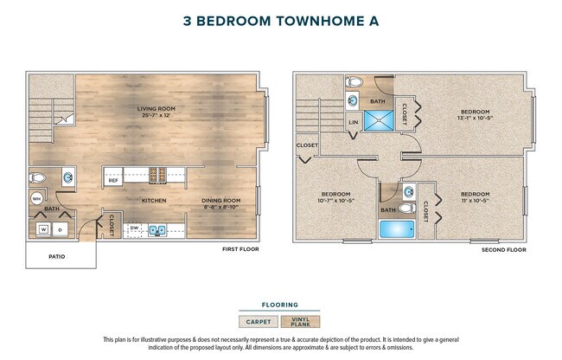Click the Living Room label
(x=156, y=110)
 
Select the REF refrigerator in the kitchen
(x=113, y=180)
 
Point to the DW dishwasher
(x=134, y=229)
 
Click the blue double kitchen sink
(x=159, y=230)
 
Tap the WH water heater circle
(x=37, y=199)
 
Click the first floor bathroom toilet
(x=37, y=178)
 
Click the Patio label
(x=57, y=256)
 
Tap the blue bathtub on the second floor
(x=398, y=230)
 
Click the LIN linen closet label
(x=353, y=123)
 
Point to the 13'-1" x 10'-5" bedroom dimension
(x=476, y=119)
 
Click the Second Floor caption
(x=503, y=249)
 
